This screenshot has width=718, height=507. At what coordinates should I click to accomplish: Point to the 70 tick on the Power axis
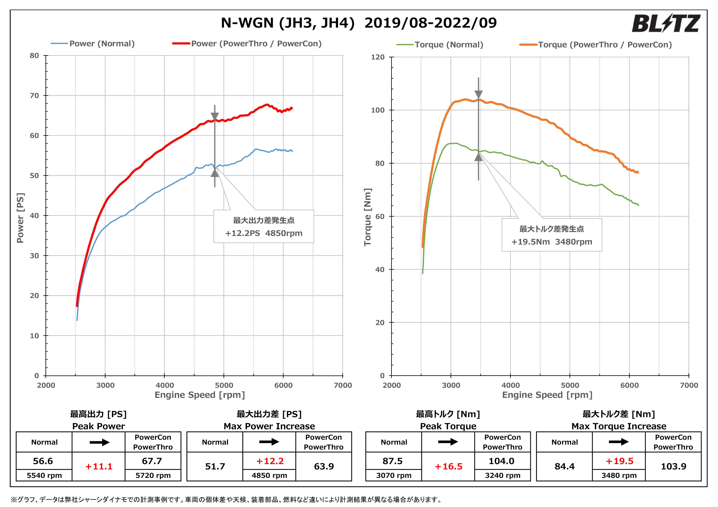pos(34,96)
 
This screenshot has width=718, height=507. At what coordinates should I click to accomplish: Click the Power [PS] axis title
pos(20,218)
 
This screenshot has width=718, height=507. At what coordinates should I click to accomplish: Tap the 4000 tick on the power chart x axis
pos(164,385)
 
